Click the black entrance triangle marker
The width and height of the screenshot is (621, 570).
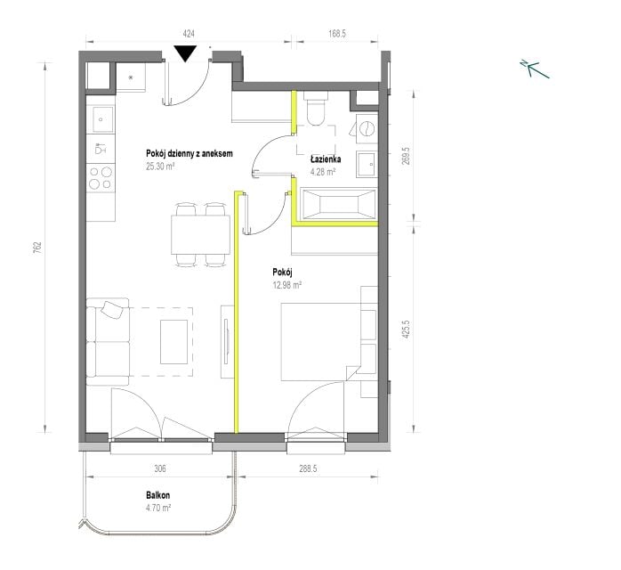(185, 53)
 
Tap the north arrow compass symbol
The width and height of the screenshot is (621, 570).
(535, 69)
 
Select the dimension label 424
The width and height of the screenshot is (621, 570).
(189, 34)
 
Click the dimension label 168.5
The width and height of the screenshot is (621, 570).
(337, 34)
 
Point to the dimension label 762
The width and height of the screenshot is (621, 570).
(36, 248)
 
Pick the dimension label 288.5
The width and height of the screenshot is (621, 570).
(308, 468)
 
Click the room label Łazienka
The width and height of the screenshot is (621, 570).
(326, 159)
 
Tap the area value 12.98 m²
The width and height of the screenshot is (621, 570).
(287, 285)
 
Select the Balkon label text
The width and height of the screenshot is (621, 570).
(158, 495)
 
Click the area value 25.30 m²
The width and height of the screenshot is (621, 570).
(160, 166)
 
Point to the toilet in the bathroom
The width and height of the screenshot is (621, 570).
(316, 108)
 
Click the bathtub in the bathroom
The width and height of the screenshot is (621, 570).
(339, 204)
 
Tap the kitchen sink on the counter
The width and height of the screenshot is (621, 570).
(101, 119)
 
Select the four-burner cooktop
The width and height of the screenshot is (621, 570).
(101, 178)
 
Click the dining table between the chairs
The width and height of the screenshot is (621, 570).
(200, 234)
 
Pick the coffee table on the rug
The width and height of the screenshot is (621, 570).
(173, 342)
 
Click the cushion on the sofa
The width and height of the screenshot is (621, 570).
(112, 310)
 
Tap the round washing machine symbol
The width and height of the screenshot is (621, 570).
(367, 129)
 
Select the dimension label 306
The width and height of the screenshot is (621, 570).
(159, 468)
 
